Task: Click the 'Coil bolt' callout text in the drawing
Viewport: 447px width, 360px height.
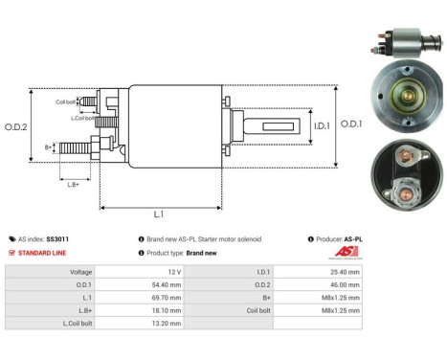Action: click(66, 101)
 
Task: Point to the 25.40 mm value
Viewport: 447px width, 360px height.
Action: click(344, 272)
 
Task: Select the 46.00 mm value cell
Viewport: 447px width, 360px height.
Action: click(344, 284)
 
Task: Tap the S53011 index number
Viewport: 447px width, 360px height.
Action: click(57, 239)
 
